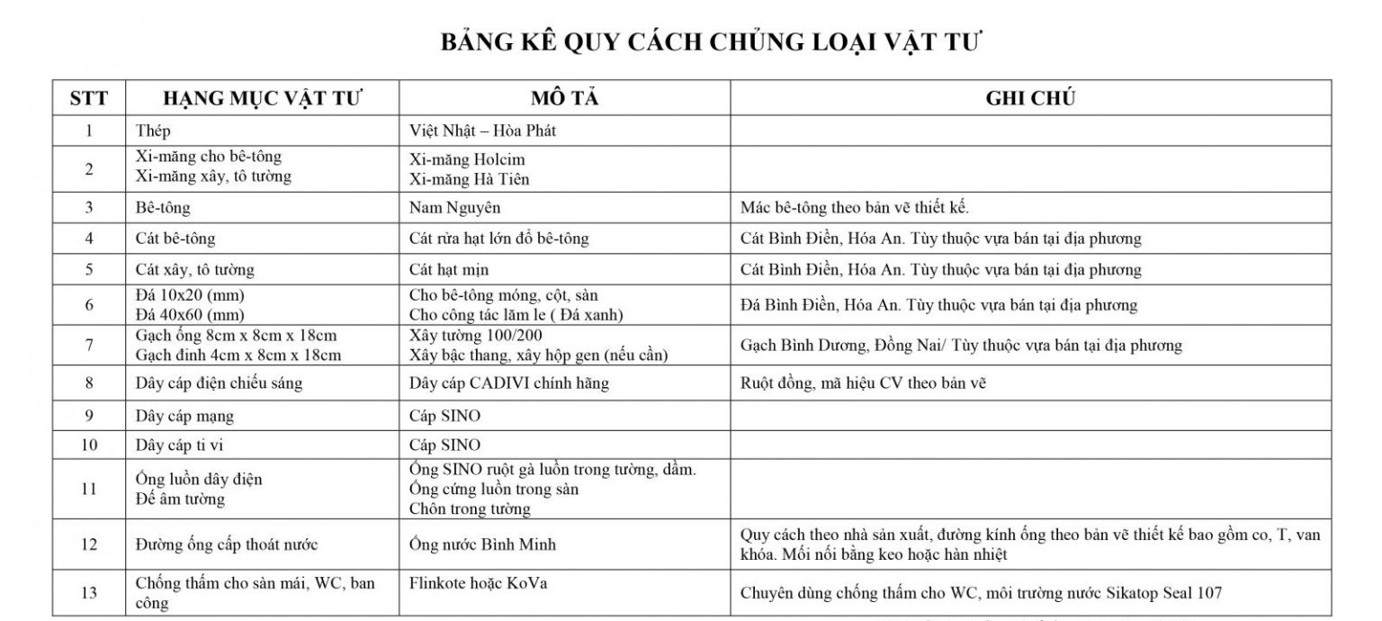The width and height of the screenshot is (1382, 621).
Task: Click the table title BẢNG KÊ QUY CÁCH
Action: tap(711, 42)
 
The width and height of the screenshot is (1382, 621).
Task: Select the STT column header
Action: tap(88, 99)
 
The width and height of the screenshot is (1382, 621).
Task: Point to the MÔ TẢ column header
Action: tap(564, 99)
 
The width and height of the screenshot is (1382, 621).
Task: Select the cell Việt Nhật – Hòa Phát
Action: tap(482, 130)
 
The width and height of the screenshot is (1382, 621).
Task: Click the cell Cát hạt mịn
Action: tap(448, 269)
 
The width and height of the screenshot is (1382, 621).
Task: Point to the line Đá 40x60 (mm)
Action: tap(189, 314)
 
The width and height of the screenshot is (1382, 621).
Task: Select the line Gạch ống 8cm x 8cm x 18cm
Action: tap(236, 336)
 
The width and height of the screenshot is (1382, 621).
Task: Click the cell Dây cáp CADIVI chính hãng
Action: tap(508, 383)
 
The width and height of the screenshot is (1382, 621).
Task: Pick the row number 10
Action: tap(88, 445)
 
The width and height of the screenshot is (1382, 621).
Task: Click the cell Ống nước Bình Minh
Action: tap(482, 544)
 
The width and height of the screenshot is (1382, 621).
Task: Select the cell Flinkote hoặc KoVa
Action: tap(478, 583)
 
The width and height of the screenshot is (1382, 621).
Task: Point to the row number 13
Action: tap(88, 592)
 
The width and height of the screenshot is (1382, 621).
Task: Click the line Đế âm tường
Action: tap(180, 499)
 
